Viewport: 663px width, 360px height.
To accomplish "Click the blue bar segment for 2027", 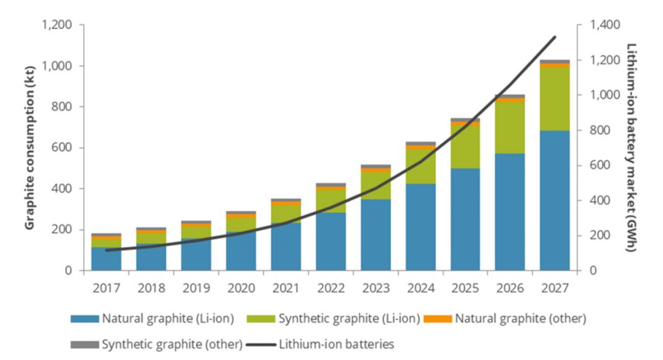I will (x=554, y=200).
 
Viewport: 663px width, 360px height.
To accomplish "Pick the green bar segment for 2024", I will (x=420, y=166).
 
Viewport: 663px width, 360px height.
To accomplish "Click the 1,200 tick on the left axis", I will (x=56, y=25).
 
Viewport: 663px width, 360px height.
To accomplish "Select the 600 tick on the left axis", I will (x=61, y=148).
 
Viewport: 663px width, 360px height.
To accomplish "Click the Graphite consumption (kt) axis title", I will (x=29, y=148).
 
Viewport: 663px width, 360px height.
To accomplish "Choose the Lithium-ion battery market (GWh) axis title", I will (x=632, y=148).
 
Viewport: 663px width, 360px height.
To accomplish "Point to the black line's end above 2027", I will (x=555, y=37).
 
